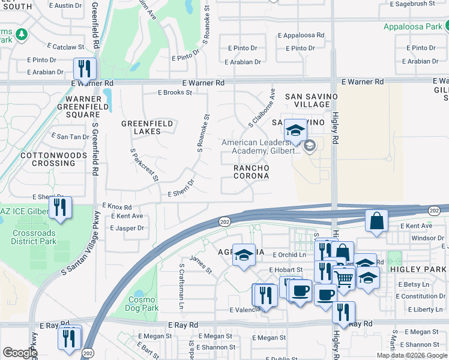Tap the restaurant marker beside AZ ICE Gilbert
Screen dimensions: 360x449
coord(60,208)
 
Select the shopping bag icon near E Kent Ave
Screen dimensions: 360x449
coord(376,220)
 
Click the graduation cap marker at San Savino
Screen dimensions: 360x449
coord(295,129)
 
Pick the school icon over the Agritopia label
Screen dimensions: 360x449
coord(243,256)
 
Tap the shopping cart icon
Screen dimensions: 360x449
coord(344,278)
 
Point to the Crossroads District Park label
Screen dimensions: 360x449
coord(34,237)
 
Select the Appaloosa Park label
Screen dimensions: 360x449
coord(414,26)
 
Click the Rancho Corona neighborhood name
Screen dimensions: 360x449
coord(250,172)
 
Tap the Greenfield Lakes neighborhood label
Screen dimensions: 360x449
coord(147,127)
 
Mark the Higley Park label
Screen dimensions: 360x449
coord(418,269)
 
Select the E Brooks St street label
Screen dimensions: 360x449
coord(175,93)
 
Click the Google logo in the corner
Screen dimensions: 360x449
coord(19,353)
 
